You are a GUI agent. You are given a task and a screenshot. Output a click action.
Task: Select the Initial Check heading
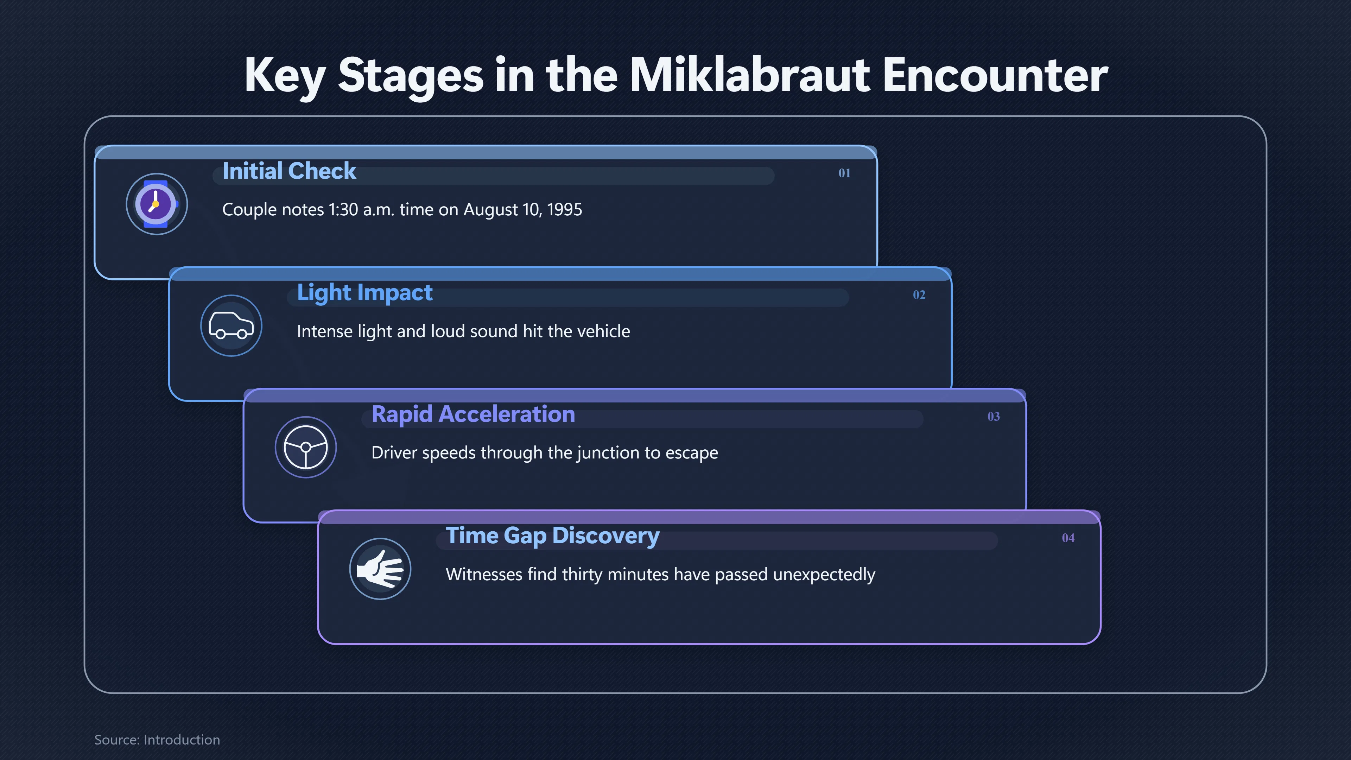click(289, 171)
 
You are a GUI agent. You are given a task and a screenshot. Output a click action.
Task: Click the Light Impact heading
click(364, 293)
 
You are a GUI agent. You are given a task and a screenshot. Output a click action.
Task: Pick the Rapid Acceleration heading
click(473, 414)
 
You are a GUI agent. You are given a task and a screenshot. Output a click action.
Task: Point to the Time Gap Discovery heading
click(552, 536)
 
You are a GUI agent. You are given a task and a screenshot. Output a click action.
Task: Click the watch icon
click(156, 204)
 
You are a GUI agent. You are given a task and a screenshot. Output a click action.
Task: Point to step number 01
click(844, 173)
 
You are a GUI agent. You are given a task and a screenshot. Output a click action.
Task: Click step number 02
click(919, 295)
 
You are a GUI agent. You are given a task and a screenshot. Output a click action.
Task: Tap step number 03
click(993, 417)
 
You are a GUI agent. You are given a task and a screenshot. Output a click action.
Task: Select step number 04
click(1068, 538)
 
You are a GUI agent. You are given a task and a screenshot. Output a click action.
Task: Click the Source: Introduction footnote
click(157, 740)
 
